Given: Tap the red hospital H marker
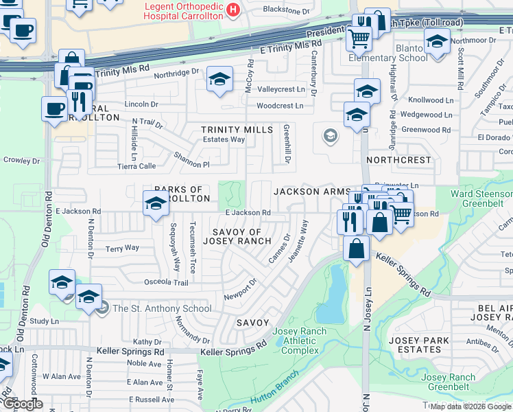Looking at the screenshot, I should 234,10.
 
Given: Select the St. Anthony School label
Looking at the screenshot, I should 162,308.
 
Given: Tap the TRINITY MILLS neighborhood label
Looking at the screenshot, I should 237,130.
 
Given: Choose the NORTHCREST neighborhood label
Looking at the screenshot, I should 399,160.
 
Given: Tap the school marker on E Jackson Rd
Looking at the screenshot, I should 156,204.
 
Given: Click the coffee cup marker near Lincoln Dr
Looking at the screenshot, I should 54,108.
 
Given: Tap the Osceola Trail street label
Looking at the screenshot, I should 165,283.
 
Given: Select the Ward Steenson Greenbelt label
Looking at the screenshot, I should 481,198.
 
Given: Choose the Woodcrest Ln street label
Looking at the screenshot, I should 280,106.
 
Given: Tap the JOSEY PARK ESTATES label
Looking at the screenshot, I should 419,345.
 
